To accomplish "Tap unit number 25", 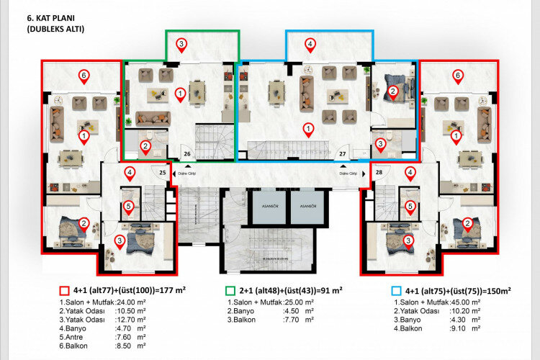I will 162,173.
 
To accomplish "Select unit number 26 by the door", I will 187,153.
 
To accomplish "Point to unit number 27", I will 343,153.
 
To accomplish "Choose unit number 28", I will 379,173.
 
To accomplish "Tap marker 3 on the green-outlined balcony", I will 181,45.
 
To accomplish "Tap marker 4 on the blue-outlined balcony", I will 310,45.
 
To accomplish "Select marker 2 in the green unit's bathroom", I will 145,147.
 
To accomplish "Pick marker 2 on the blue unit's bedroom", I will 392,91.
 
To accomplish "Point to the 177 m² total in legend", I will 173,290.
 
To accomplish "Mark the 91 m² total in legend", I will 328,290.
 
